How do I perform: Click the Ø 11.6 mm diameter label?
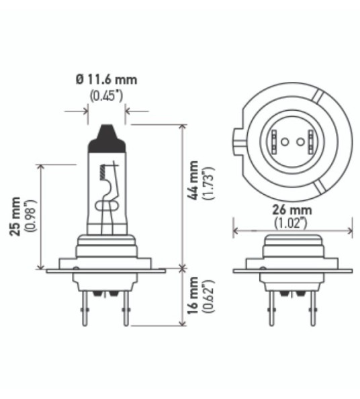[x=107, y=80]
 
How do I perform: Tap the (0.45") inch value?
[x=106, y=95]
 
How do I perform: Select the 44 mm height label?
[x=194, y=181]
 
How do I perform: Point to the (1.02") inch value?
[x=290, y=221]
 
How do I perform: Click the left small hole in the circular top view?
[x=284, y=142]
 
